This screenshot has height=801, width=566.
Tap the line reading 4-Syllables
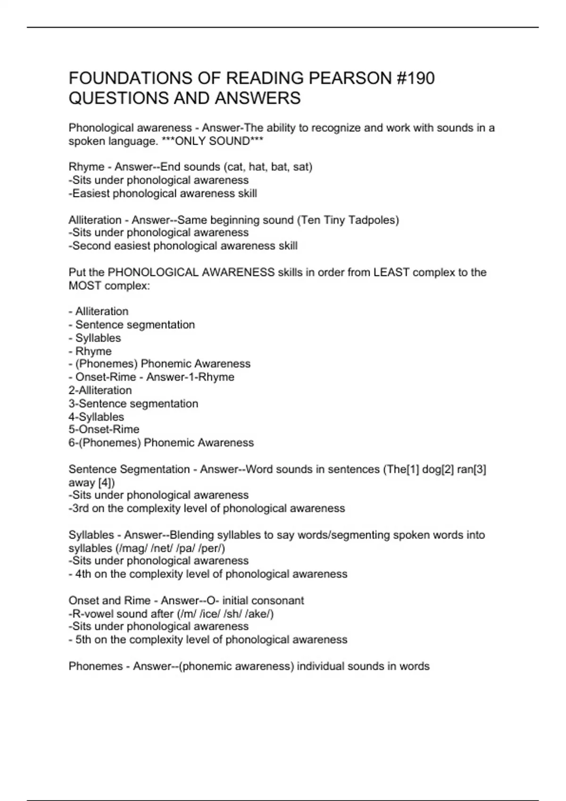tap(96, 417)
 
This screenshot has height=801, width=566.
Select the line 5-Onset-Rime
tap(104, 429)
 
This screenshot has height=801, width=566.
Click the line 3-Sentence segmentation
tap(133, 403)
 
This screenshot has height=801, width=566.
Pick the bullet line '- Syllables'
tap(94, 338)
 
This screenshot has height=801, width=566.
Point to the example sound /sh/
tap(233, 613)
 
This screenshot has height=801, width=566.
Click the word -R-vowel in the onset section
tap(91, 613)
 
